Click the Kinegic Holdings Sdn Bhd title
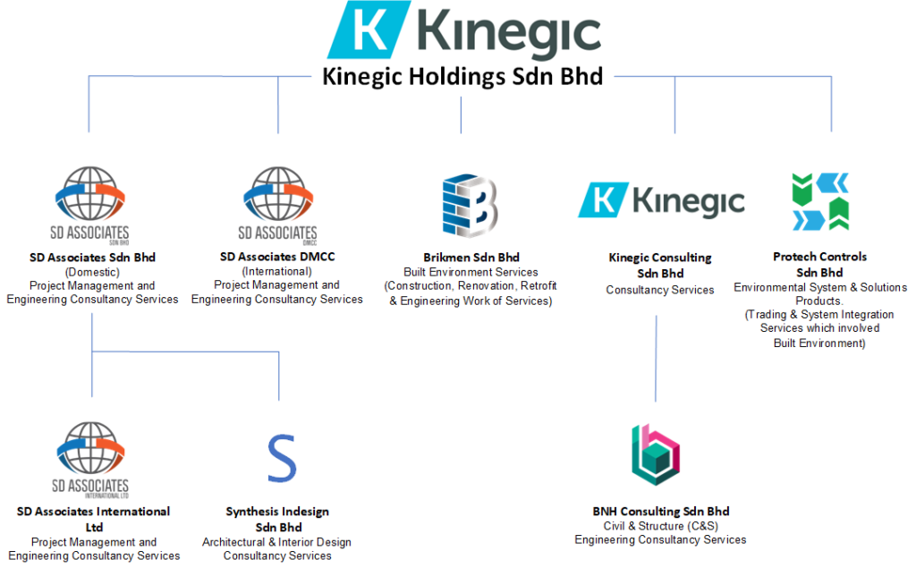(x=462, y=77)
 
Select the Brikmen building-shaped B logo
(x=470, y=206)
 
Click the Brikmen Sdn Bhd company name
(x=471, y=257)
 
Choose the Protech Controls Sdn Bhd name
(x=820, y=264)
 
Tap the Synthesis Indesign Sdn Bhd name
(x=277, y=519)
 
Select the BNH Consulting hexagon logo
(x=656, y=454)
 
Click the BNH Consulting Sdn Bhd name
(x=660, y=512)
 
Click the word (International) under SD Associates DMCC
(x=276, y=271)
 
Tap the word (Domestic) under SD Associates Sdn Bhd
(x=92, y=271)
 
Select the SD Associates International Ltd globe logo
(x=90, y=458)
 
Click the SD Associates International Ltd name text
(x=93, y=519)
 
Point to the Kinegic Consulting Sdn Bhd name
(x=660, y=265)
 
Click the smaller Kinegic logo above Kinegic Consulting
(x=661, y=199)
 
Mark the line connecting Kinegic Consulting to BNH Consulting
(x=656, y=358)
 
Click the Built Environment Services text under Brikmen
(x=471, y=272)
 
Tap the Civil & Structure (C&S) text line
(x=660, y=526)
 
